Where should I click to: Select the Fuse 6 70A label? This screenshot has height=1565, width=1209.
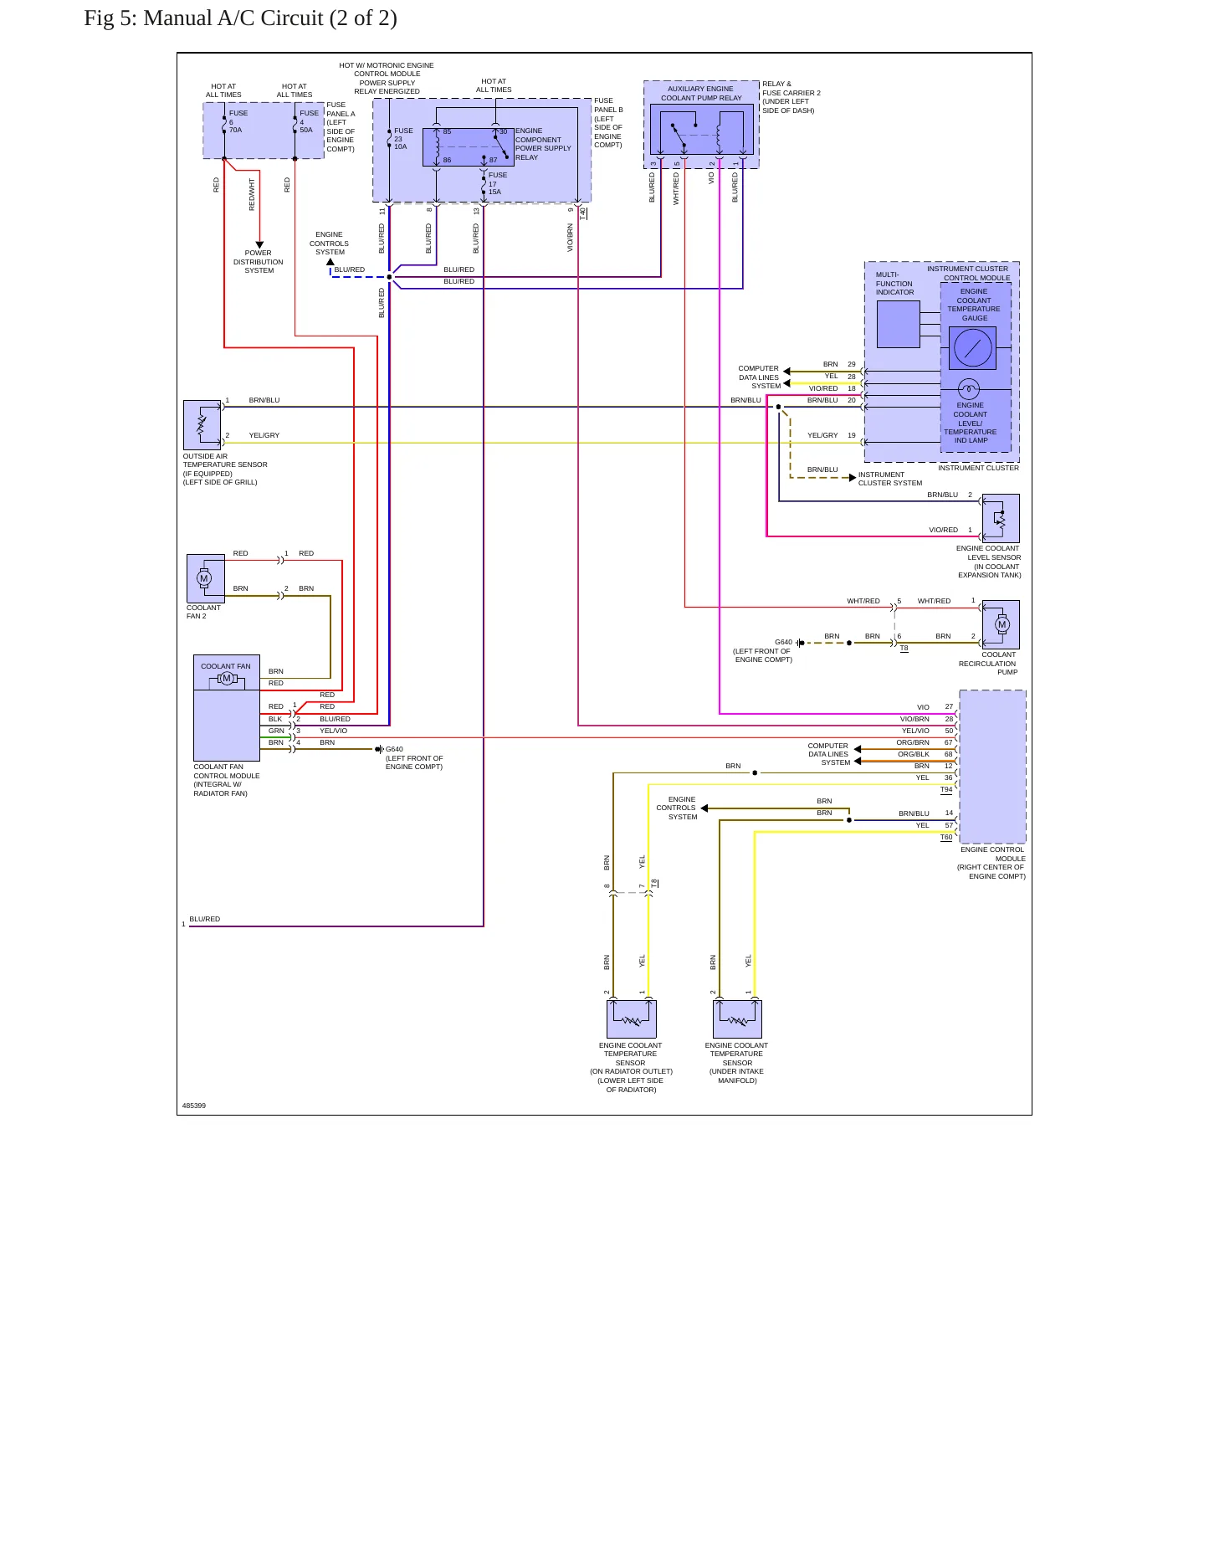(x=238, y=121)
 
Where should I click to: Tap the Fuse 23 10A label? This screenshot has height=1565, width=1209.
(x=403, y=139)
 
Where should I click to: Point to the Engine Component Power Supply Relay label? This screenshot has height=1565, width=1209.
(x=543, y=144)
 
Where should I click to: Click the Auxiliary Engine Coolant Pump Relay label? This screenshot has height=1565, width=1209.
(x=701, y=93)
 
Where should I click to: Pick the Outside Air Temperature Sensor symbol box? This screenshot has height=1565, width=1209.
(x=202, y=425)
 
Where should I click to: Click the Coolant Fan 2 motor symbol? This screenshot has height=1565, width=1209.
(x=204, y=578)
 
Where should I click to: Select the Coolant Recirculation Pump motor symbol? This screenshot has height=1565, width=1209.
(x=1002, y=624)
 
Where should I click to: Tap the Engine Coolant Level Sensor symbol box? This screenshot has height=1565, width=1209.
(x=1001, y=518)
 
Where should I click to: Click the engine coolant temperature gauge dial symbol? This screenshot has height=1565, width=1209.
(x=972, y=347)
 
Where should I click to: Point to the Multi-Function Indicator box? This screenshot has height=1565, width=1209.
(x=898, y=324)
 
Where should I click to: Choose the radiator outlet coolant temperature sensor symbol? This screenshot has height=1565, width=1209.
(x=631, y=1019)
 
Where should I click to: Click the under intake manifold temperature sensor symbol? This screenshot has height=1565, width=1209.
(x=737, y=1019)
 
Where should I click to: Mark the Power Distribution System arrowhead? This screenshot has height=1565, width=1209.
(x=259, y=245)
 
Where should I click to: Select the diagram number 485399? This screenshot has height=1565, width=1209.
(x=194, y=1106)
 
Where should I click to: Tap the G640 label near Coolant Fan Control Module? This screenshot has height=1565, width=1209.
(x=394, y=749)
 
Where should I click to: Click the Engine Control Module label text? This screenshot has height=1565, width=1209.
(x=992, y=854)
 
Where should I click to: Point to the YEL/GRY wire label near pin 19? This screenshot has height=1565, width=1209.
(x=822, y=435)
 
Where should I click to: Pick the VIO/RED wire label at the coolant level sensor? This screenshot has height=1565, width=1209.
(x=943, y=530)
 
